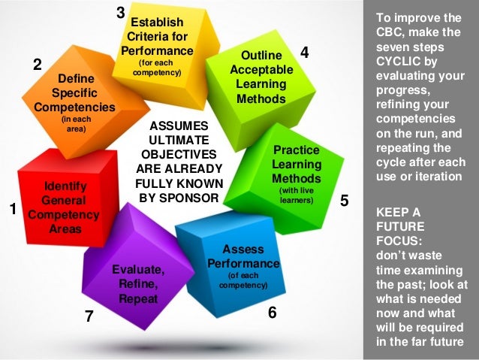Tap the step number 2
tap(37, 65)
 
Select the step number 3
tap(120, 12)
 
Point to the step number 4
tap(304, 52)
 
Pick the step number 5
tap(344, 201)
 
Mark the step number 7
tap(89, 316)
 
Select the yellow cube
tap(158, 45)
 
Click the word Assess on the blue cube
tap(243, 249)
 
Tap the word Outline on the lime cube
tap(261, 56)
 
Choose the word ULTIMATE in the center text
tap(179, 140)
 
